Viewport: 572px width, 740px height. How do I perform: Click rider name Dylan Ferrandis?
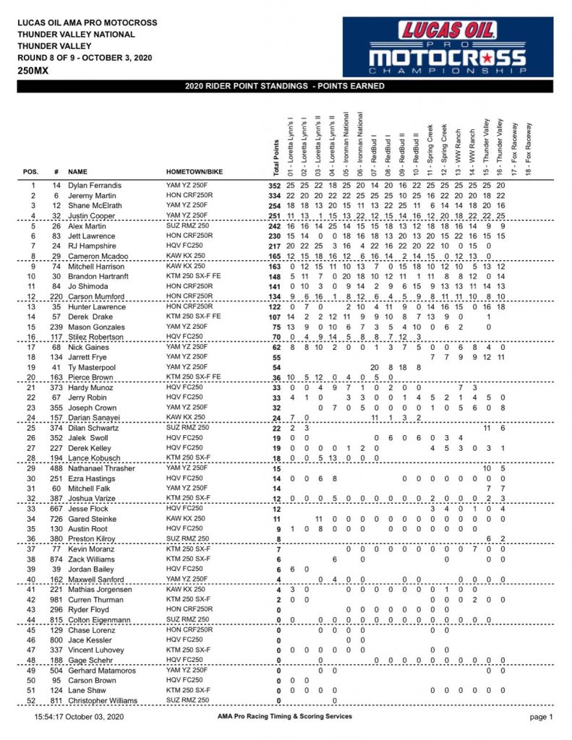click(95, 186)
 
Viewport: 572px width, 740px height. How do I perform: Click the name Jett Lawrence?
click(92, 236)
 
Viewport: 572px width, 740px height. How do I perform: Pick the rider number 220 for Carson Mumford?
click(56, 296)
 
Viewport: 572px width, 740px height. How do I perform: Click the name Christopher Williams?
click(105, 700)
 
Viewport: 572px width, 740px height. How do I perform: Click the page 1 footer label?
click(542, 717)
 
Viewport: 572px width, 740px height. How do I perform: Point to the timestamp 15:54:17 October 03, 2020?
click(80, 717)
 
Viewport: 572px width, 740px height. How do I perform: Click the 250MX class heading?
click(34, 71)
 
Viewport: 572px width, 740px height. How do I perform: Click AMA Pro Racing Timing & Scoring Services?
click(284, 717)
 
